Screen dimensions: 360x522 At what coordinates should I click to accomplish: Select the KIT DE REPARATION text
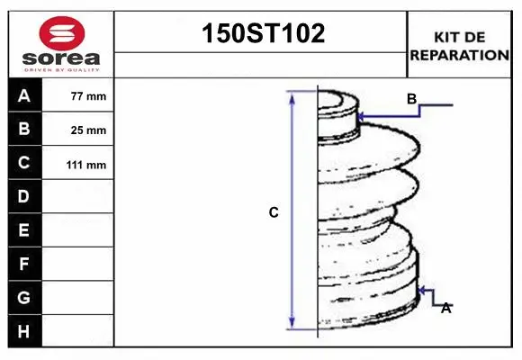459,46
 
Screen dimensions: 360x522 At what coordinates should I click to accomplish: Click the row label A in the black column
24,95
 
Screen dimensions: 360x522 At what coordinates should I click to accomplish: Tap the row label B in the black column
24,129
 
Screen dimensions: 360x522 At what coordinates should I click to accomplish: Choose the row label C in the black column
24,163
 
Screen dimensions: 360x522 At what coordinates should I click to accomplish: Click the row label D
24,196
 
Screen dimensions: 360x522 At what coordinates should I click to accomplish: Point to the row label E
24,230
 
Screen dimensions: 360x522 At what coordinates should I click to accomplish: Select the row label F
24,264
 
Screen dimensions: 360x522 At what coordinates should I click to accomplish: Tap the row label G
24,297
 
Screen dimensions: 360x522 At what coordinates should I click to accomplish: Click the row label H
24,331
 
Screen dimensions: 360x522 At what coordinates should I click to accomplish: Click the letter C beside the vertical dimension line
274,213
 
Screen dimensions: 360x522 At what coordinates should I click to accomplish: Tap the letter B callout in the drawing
411,99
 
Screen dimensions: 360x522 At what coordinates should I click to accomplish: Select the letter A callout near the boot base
445,308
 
